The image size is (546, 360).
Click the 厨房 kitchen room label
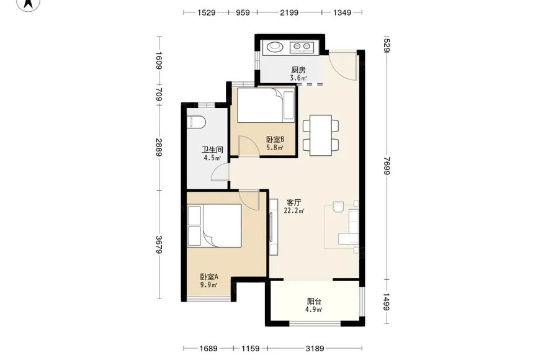click(x=298, y=70)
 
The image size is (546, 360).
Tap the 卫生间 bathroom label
click(x=212, y=150)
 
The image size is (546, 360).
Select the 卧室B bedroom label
click(x=275, y=140)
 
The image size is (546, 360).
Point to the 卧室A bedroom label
click(x=209, y=277)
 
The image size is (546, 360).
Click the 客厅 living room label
click(x=294, y=202)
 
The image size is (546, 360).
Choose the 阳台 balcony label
click(x=314, y=302)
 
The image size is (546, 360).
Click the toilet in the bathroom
click(x=196, y=122)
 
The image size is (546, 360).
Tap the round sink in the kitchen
click(x=275, y=47)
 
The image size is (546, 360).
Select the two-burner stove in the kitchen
click(x=302, y=47)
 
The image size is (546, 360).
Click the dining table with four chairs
click(x=321, y=135)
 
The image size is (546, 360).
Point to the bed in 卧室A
click(x=215, y=225)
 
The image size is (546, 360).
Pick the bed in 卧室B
click(x=266, y=106)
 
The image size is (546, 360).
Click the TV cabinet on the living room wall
click(x=274, y=227)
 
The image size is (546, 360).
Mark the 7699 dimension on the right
click(x=387, y=166)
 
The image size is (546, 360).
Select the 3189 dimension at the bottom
click(x=315, y=348)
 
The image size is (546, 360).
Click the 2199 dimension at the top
click(x=289, y=12)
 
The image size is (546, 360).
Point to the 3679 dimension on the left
click(x=159, y=245)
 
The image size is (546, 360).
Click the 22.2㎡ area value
click(x=294, y=210)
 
